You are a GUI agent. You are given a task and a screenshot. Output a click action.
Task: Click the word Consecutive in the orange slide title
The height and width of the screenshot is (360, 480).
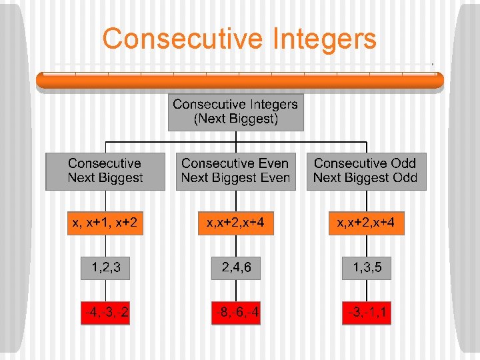[x=183, y=39]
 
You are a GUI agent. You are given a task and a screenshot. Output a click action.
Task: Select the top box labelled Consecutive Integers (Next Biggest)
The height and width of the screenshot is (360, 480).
[x=235, y=112]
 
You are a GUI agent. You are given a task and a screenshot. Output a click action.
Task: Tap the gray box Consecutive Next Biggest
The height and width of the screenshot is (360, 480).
[x=105, y=171]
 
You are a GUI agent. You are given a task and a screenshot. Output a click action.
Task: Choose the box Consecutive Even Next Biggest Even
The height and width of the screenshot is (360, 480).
[x=235, y=171]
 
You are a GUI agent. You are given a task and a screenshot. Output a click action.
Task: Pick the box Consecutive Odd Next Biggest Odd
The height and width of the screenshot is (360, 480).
[x=365, y=171]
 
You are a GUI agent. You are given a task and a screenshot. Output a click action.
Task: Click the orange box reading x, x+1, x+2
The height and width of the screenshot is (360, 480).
[x=105, y=223]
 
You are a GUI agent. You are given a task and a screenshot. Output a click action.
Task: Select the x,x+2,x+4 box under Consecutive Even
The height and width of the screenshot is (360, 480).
[x=235, y=223]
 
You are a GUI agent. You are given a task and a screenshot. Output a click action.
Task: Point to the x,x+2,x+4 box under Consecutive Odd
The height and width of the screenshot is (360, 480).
[x=366, y=223]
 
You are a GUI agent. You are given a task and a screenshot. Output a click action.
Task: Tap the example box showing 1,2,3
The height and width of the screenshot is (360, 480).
[x=105, y=268]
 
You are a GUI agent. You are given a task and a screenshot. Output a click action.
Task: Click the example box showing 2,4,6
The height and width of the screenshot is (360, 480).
[x=236, y=268]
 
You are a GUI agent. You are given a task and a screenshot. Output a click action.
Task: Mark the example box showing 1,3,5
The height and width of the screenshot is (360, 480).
[x=366, y=268]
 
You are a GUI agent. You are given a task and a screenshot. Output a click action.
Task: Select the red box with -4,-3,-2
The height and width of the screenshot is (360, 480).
[x=105, y=313]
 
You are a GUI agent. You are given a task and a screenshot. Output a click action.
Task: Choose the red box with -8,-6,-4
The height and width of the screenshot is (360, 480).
[x=236, y=313]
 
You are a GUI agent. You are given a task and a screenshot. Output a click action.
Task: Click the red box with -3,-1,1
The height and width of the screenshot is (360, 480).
[x=366, y=313]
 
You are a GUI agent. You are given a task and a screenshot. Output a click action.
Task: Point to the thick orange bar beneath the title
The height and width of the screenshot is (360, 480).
[x=239, y=81]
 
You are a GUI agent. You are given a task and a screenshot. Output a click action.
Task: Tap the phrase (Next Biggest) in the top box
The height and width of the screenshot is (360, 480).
[x=235, y=119]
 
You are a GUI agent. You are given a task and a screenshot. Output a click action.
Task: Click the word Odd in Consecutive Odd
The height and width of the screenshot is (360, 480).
[x=402, y=163]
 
